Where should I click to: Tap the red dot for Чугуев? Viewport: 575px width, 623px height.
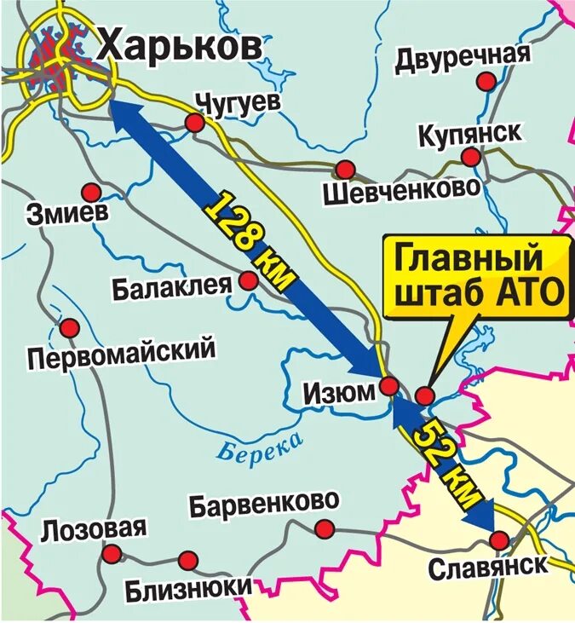click(195, 124)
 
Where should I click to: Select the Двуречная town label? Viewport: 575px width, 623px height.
click(463, 55)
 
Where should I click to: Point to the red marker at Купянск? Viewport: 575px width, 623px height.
click(470, 157)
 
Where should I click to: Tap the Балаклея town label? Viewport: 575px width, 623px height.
click(171, 286)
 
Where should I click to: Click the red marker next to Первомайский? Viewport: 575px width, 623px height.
click(69, 327)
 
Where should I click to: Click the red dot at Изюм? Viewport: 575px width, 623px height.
click(388, 387)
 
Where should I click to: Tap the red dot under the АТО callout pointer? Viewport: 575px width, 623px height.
click(425, 395)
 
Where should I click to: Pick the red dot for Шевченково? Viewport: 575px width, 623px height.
click(345, 169)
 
